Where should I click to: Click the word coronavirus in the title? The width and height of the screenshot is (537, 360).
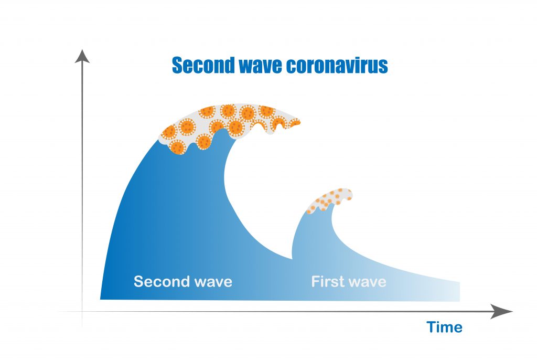coord(337,65)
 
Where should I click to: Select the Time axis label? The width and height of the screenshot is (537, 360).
coord(444,327)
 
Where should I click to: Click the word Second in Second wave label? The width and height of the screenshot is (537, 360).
coord(162,281)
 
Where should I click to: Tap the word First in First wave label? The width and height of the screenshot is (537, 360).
coord(327,281)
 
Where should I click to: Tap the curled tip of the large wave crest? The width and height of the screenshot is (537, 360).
coord(295,122)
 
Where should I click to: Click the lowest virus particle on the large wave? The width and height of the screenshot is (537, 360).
coord(178,147)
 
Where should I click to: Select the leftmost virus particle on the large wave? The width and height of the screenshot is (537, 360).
coord(169,132)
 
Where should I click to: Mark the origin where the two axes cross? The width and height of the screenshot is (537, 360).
coord(82,312)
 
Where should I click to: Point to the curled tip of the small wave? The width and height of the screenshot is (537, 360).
coord(350,196)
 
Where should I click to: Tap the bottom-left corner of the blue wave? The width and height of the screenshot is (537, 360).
coord(100,299)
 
